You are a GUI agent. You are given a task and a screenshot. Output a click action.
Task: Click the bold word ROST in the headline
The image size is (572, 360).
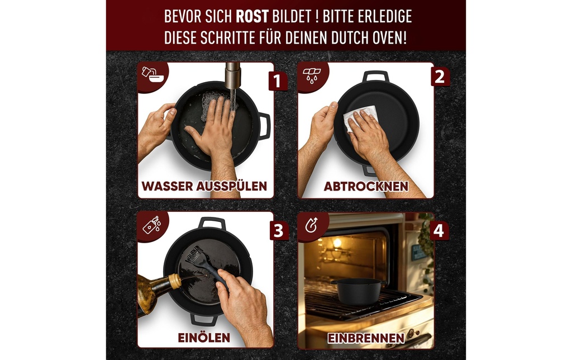coord(252,16)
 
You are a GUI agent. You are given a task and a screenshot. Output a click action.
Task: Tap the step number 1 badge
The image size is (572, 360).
coord(278,80)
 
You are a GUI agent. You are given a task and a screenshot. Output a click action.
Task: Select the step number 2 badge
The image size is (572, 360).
coord(440,77)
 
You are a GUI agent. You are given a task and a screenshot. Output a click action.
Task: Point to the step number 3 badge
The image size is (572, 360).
coord(279,231)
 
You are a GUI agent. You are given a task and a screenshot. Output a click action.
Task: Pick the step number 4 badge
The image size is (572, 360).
coord(438,231)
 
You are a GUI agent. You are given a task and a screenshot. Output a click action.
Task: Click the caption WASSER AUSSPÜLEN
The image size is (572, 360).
coord(204,186)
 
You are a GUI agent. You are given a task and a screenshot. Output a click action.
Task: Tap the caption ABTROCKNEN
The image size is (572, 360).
coord(366,186)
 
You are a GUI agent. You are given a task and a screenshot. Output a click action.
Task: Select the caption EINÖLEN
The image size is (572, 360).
coord(204,338)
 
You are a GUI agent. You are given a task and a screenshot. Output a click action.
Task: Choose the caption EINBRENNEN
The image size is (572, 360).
coord(366,338)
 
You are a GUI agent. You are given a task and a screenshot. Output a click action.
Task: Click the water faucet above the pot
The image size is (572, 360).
coord(232,75)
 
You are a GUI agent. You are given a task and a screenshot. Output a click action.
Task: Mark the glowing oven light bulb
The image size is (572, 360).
coord(337,243)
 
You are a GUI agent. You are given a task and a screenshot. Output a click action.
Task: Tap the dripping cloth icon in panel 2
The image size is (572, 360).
coord(312,74)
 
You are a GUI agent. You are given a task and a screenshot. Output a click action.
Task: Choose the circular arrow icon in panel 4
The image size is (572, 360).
coord(311,225)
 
